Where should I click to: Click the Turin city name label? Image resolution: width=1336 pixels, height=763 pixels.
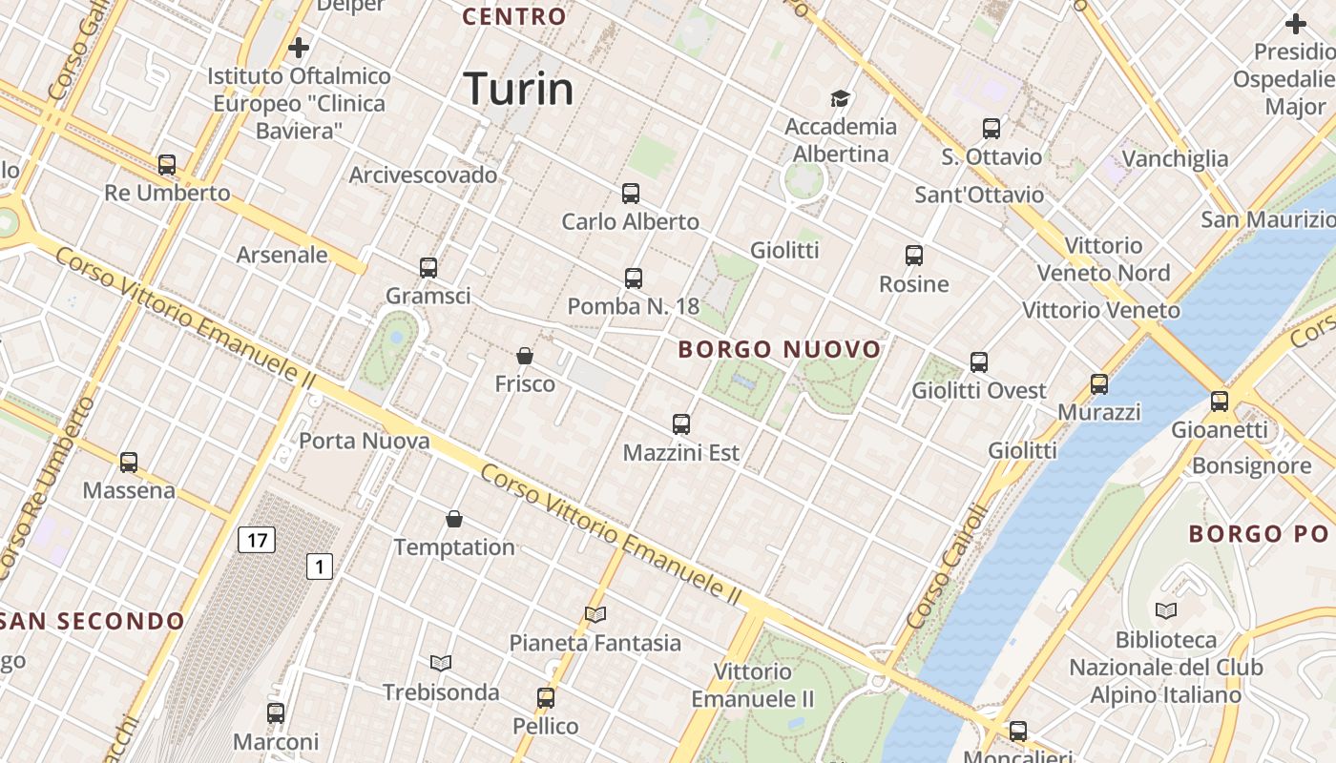(x=518, y=89)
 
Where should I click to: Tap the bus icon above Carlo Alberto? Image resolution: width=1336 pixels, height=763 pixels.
(x=630, y=194)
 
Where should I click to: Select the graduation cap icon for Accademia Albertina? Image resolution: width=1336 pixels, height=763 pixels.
(x=840, y=98)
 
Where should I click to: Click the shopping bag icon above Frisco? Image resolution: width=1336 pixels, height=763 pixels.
(x=524, y=356)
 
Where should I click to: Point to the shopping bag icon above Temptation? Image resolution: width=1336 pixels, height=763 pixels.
(x=454, y=519)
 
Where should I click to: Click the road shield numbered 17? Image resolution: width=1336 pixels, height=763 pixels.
(x=257, y=541)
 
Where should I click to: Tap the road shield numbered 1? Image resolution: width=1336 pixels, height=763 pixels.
(x=319, y=567)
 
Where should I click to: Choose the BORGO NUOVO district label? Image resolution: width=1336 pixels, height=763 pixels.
(x=780, y=350)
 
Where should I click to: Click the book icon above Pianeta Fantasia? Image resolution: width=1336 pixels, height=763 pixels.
(x=595, y=614)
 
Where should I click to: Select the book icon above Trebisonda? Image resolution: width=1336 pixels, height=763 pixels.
(x=440, y=663)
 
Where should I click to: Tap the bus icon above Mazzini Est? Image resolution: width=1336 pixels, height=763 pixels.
(x=680, y=424)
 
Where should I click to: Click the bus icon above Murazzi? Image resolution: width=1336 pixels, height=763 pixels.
(x=1099, y=384)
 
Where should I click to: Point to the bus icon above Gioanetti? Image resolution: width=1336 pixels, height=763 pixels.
(x=1220, y=402)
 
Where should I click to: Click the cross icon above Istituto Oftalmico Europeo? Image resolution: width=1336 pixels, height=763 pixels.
(x=299, y=47)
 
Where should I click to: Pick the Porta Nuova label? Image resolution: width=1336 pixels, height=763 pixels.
(x=365, y=442)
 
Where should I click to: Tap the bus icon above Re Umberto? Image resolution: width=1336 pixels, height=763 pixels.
(x=167, y=165)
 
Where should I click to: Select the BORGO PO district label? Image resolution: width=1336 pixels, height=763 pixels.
(x=1261, y=534)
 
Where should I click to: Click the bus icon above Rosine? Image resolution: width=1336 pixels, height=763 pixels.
(x=914, y=256)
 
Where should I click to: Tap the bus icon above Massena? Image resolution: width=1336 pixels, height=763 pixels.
(x=129, y=463)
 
